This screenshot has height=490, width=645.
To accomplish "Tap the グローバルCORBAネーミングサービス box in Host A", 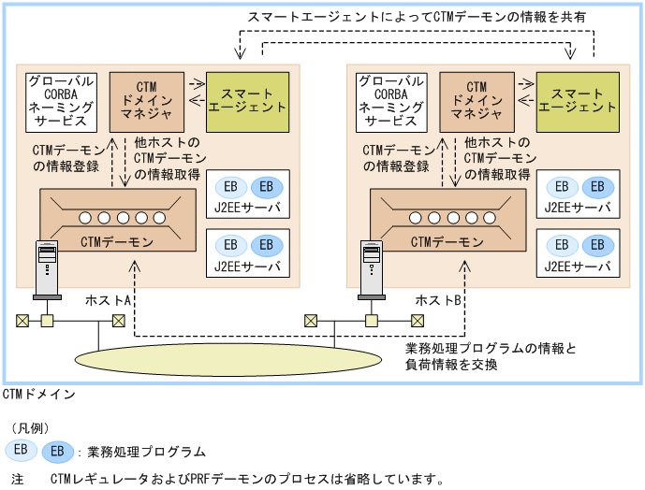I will pos(61,101).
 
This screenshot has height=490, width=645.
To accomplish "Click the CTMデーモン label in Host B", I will pos(447,242).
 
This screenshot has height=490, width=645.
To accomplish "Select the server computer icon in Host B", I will pos(372,270).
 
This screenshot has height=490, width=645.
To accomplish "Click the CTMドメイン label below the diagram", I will pos(39,394).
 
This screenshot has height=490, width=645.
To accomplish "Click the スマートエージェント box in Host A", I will pos(246,101).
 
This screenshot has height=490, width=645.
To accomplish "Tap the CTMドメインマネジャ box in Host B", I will pos(476,101).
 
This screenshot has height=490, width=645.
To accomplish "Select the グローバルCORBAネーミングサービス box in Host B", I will pos(391,101).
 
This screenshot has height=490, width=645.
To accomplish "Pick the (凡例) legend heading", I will pos(29,428).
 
